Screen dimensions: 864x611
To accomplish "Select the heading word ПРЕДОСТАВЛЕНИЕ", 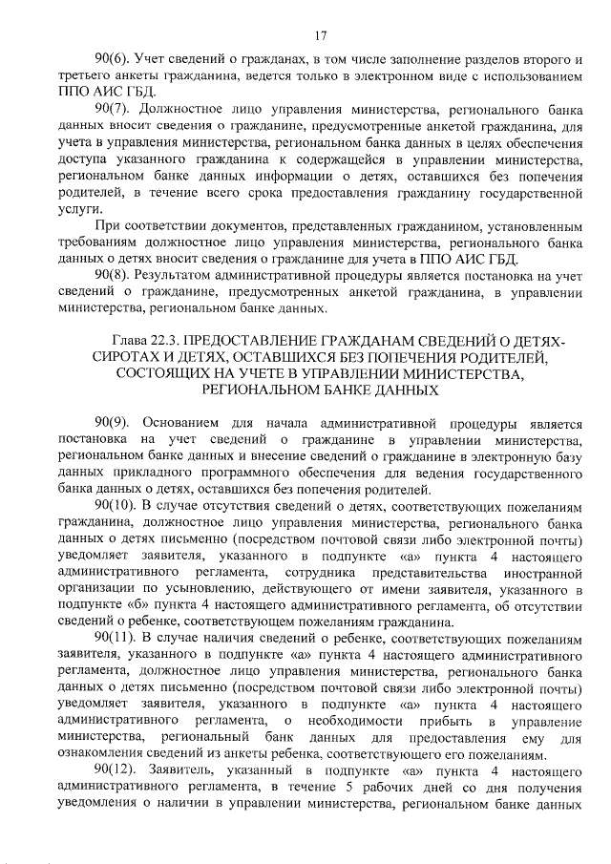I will point(261,339).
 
